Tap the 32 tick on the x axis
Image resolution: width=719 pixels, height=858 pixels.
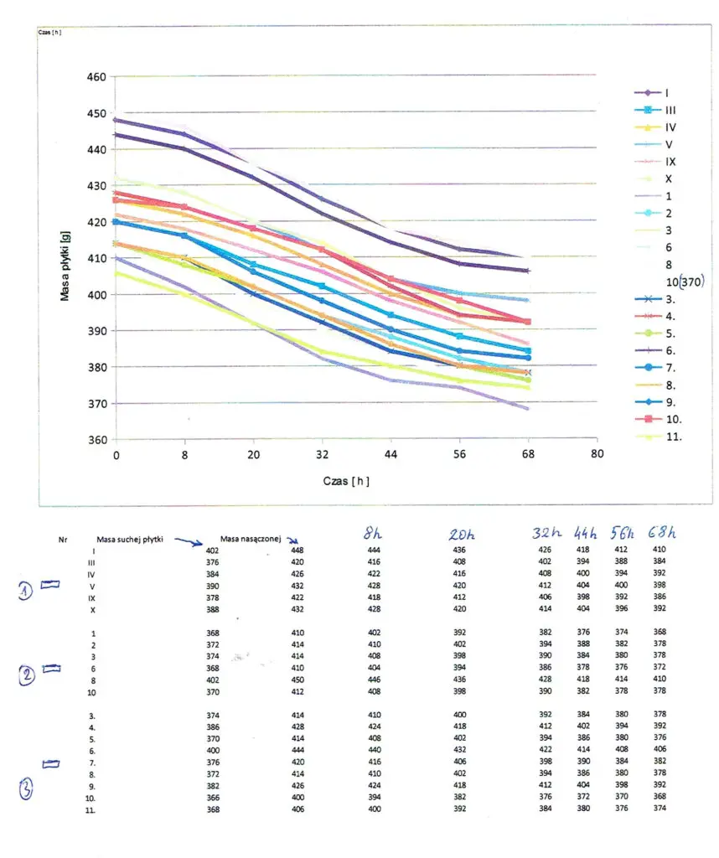pos(322,452)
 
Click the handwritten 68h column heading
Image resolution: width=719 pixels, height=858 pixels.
pos(661,533)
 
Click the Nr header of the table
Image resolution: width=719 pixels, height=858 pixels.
pos(61,541)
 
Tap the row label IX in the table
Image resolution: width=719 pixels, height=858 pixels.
pos(93,597)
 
